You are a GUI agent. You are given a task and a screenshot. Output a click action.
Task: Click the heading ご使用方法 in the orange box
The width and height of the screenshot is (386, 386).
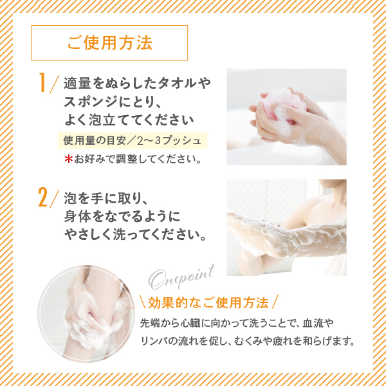110,43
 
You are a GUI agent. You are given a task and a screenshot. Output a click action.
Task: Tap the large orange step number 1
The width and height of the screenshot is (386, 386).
42,83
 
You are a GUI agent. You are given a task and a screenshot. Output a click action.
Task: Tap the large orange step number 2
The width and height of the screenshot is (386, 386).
43,198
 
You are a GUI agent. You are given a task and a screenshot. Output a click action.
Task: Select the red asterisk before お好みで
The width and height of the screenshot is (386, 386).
68,160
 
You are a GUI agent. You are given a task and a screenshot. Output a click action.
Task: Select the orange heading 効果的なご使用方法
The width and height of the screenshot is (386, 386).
208,302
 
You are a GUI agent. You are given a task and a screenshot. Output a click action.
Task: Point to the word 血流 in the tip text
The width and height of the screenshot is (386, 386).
312,323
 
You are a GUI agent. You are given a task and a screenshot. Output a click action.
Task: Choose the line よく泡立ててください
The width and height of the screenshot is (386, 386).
129,120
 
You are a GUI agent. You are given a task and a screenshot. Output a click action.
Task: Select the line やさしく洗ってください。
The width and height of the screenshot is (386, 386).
135,235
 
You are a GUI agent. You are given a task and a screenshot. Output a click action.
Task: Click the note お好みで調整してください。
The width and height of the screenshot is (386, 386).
137,160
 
